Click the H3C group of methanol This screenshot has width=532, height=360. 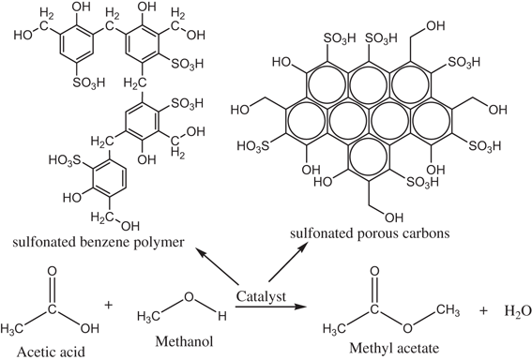(x=149, y=322)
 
